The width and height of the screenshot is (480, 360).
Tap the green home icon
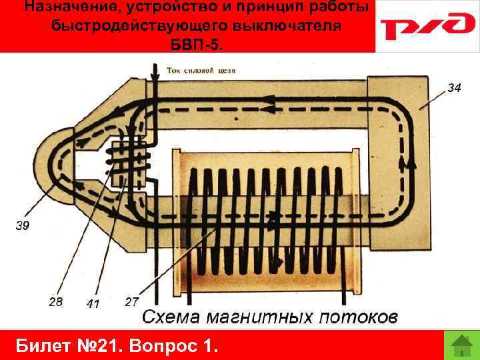(x=461, y=345)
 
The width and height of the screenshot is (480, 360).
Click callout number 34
(x=453, y=87)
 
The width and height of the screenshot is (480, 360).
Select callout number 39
(x=22, y=226)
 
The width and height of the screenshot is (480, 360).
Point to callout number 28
(x=56, y=301)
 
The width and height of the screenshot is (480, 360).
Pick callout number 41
(x=93, y=304)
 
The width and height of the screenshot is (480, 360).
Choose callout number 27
(x=131, y=301)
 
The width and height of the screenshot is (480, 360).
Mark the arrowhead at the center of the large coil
(x=273, y=216)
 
